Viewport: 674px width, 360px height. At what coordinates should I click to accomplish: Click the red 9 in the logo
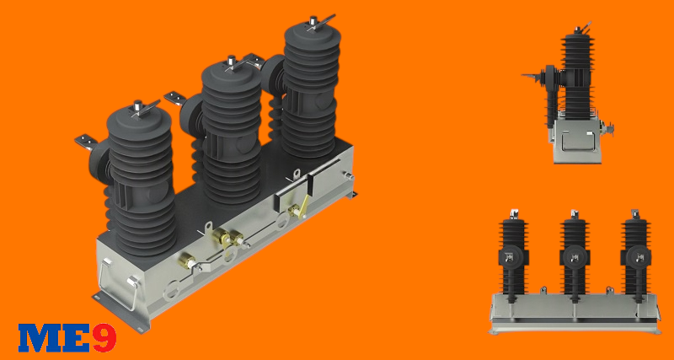point(104,337)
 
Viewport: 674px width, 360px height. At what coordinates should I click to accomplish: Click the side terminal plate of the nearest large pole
point(86,142)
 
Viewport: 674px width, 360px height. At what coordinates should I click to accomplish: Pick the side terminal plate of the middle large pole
point(175,97)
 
